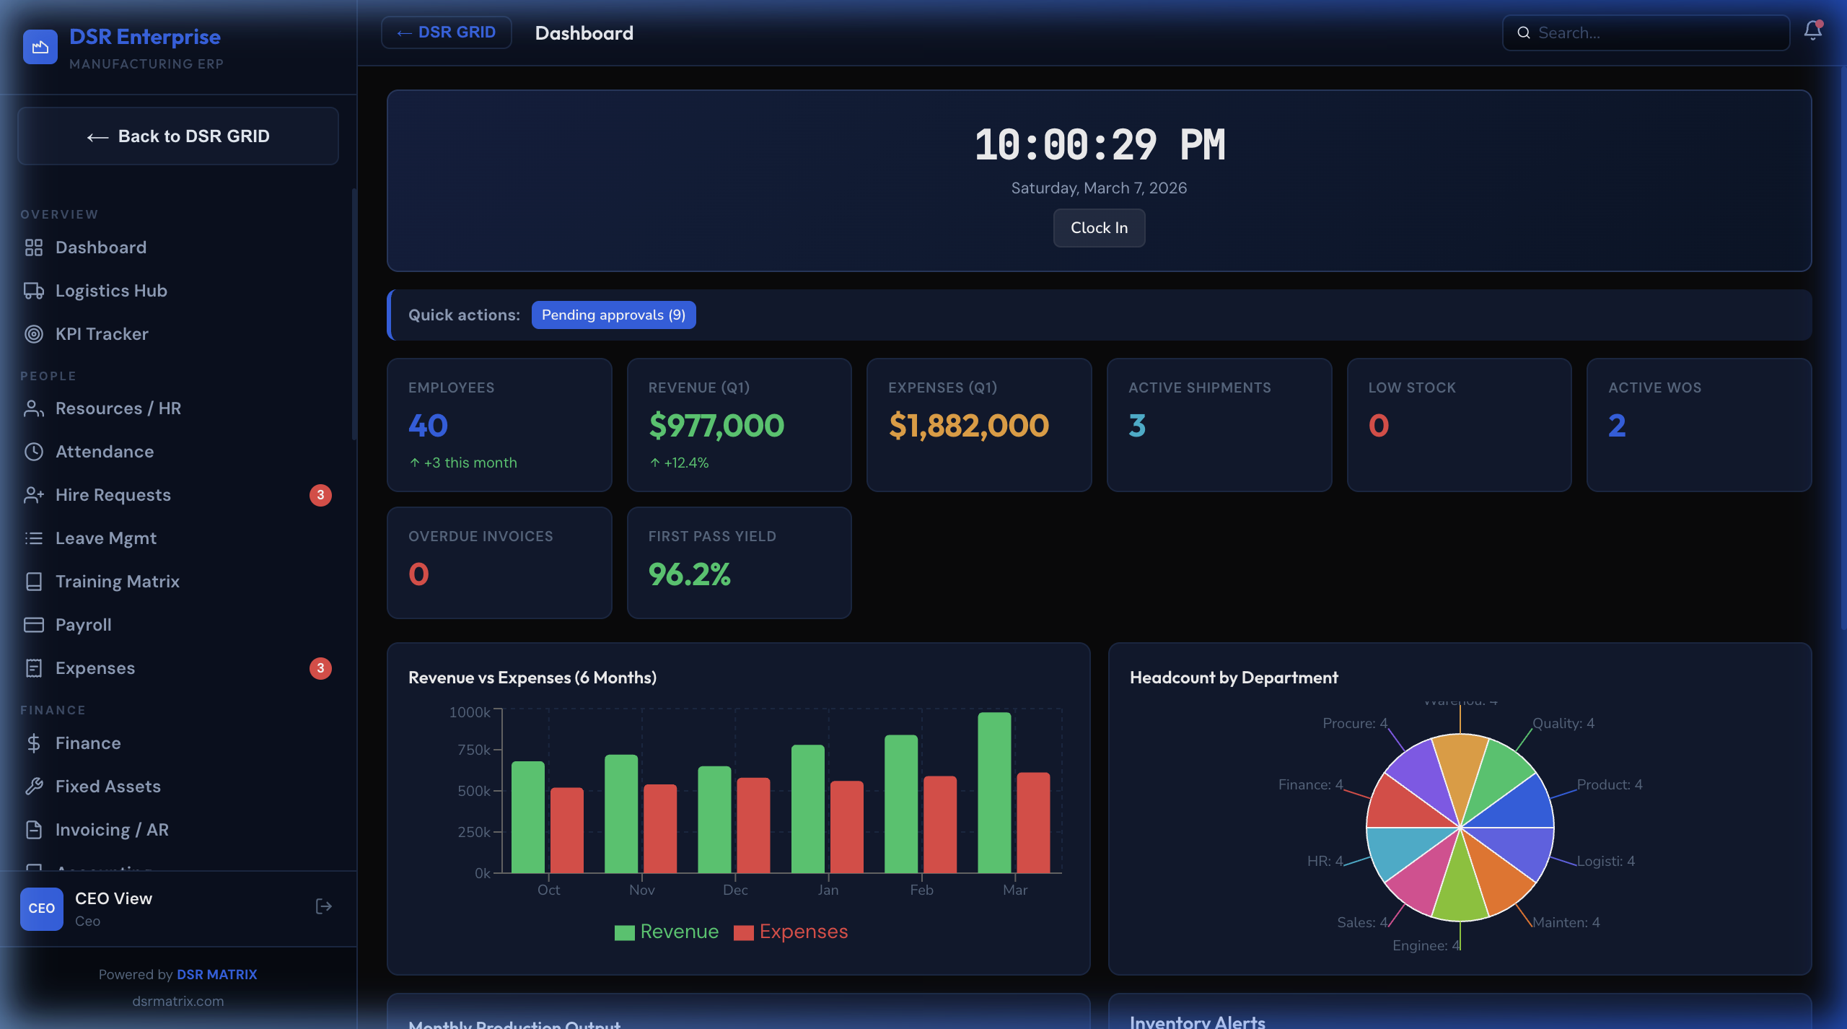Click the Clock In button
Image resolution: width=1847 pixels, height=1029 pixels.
tap(1099, 228)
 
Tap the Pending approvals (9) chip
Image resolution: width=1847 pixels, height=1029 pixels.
tap(613, 315)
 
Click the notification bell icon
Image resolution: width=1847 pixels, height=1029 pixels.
tap(1812, 31)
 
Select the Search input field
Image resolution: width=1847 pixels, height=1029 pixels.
tap(1652, 33)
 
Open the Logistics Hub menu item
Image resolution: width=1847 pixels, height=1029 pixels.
tap(111, 291)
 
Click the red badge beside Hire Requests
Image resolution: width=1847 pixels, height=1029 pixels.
tap(320, 495)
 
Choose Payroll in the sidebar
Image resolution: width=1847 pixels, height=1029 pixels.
tap(84, 625)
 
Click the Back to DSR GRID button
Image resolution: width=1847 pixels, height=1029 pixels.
tap(178, 136)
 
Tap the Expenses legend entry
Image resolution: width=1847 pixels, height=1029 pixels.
tap(791, 932)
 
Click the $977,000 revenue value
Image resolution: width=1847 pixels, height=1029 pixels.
tap(716, 426)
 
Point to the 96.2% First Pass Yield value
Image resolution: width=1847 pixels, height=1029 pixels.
tap(690, 574)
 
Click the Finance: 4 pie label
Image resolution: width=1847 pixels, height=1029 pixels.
tap(1310, 784)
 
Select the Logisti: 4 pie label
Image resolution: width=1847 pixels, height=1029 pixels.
tap(1605, 861)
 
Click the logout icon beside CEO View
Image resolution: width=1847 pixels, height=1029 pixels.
tap(324, 907)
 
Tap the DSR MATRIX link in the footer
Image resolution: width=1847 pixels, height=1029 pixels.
tap(216, 974)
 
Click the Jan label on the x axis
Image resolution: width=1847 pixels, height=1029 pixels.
tap(828, 890)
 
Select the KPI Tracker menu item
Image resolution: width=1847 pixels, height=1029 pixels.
tap(102, 334)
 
